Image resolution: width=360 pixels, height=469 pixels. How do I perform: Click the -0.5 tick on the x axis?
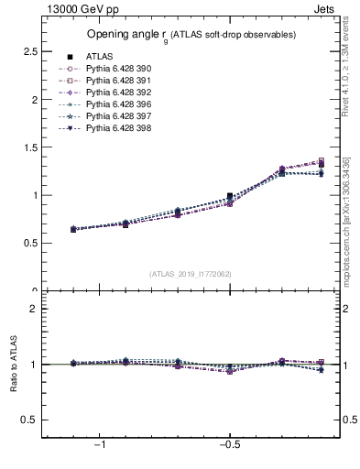tap(230, 444)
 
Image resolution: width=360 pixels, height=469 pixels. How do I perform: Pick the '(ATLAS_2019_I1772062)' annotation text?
tap(191, 273)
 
